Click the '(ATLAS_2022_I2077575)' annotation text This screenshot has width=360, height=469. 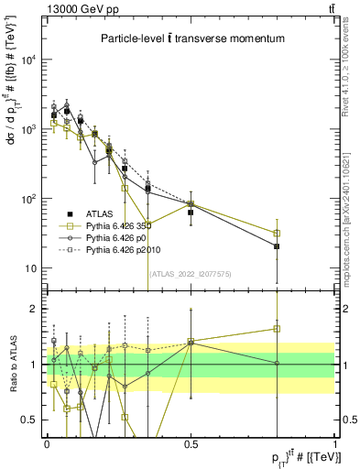[191, 274]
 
